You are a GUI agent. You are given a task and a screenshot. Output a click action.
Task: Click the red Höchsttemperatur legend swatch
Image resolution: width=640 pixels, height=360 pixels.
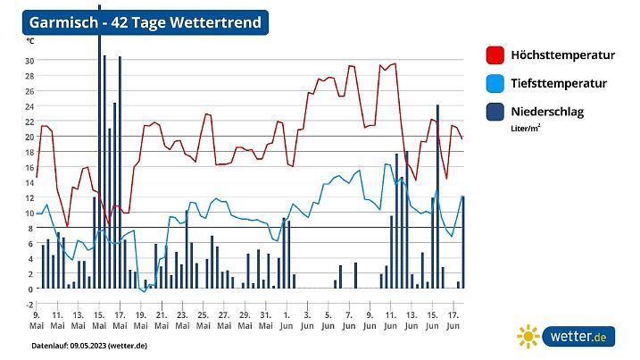click(x=495, y=54)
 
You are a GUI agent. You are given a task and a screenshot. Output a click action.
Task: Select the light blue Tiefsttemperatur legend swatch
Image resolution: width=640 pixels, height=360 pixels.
click(x=495, y=83)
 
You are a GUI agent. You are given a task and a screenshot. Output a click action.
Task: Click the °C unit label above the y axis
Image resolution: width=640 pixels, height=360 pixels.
click(x=30, y=41)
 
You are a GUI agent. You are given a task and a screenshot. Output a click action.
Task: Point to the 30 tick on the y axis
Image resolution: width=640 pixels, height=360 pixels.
click(x=29, y=61)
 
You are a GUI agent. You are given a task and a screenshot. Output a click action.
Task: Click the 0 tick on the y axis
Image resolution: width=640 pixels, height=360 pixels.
click(x=30, y=289)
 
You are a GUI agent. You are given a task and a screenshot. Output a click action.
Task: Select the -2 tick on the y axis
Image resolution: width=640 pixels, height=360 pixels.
click(x=29, y=304)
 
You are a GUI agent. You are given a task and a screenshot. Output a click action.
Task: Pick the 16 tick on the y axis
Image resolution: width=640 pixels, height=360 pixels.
click(x=29, y=167)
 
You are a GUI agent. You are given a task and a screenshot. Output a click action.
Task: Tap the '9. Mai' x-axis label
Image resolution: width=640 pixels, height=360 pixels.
click(x=37, y=321)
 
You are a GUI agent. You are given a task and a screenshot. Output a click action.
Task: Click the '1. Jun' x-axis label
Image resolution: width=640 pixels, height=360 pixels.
click(x=286, y=321)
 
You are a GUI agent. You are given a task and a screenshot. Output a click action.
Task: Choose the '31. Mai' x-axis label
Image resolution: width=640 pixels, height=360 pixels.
click(x=264, y=321)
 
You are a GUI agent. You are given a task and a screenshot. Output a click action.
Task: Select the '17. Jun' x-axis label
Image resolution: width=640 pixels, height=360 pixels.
click(x=453, y=321)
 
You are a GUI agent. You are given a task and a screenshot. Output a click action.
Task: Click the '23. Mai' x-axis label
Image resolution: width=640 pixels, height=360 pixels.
click(x=181, y=321)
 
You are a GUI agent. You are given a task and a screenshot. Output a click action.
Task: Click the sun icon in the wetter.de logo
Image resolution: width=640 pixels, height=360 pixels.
click(x=528, y=336)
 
